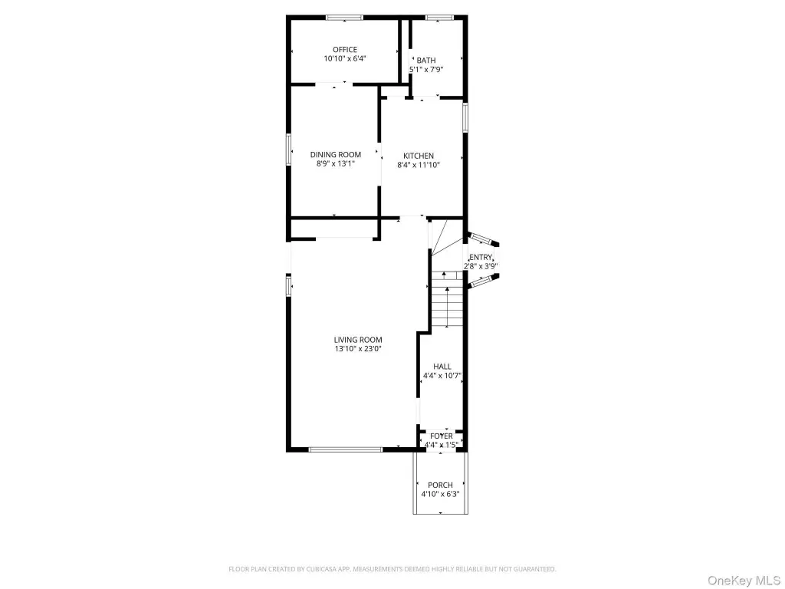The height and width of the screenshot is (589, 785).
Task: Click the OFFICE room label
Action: [345, 50]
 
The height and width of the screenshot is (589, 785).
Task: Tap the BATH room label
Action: [426, 61]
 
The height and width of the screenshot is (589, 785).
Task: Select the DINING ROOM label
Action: [336, 155]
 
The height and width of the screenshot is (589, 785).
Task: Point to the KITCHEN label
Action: [419, 156]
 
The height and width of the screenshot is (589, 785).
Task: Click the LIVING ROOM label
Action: [358, 340]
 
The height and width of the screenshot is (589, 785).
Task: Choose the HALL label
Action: [442, 367]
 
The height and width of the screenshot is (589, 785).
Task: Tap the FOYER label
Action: [441, 436]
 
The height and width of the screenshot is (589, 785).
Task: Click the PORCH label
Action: [440, 485]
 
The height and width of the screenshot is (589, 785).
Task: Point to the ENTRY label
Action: [481, 258]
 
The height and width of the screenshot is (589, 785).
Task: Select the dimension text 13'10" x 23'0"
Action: [358, 349]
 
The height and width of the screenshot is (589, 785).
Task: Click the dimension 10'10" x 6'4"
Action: [345, 58]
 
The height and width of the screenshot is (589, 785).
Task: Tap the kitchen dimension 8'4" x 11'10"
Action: [419, 165]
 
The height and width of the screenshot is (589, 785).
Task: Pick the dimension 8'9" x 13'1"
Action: [336, 164]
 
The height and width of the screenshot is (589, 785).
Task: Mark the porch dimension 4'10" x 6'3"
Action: [440, 495]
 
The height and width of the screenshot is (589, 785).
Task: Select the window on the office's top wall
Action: [344, 18]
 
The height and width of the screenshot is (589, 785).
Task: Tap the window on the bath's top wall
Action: [439, 18]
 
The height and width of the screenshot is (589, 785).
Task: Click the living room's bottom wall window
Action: [346, 449]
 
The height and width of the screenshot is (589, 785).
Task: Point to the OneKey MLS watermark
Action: [744, 581]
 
